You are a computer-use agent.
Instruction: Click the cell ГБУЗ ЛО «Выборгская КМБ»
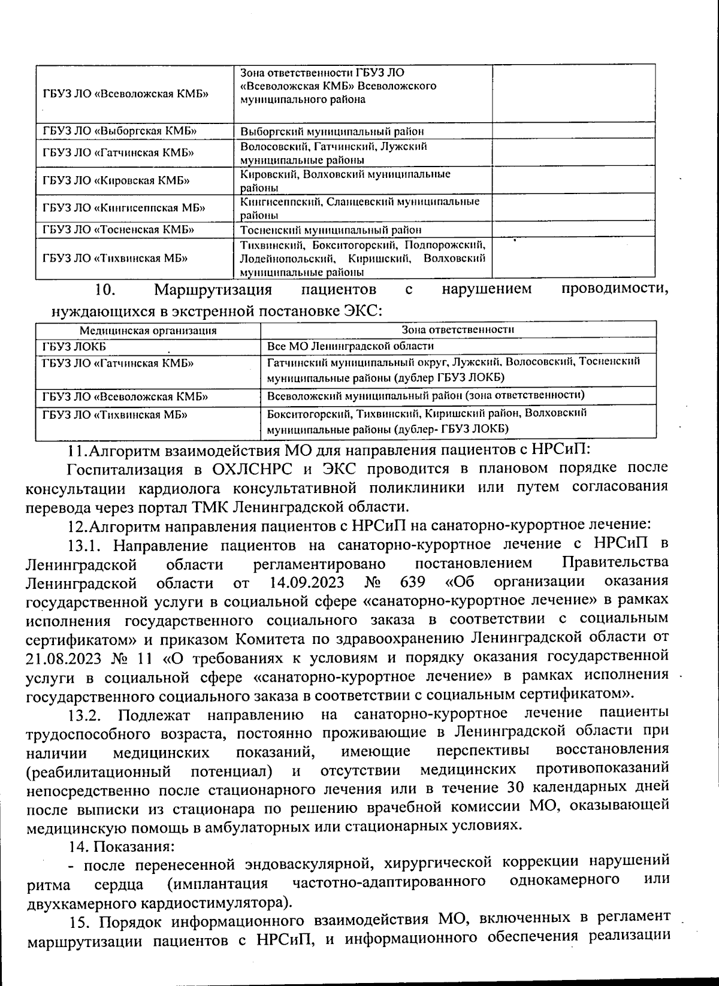tap(120, 131)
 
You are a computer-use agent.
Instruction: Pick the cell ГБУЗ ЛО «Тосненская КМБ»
tap(118, 230)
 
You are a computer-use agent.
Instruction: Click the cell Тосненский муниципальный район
tap(331, 230)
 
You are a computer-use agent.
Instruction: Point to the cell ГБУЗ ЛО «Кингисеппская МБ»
tap(124, 208)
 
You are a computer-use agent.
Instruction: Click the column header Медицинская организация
tap(148, 330)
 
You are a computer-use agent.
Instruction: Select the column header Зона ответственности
tap(458, 329)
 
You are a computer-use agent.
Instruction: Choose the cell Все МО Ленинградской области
tap(350, 346)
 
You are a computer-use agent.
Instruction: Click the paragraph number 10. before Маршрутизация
tap(105, 291)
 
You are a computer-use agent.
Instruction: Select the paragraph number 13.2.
tap(87, 715)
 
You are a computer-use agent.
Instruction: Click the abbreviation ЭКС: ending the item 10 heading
tap(362, 311)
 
